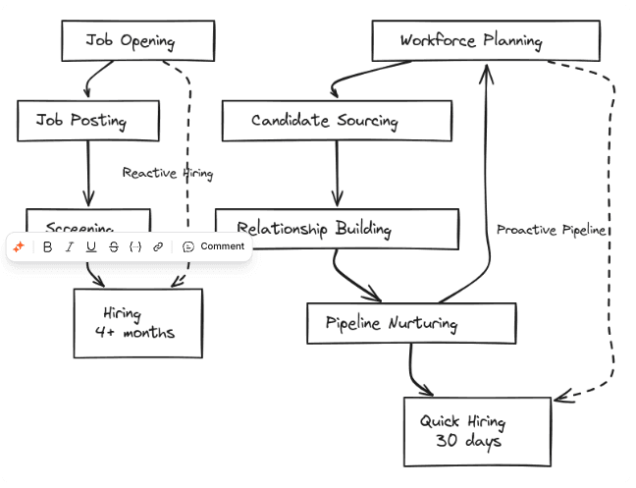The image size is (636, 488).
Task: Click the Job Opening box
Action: (137, 40)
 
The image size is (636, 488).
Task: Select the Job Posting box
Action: (87, 121)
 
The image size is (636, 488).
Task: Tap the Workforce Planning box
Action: (485, 40)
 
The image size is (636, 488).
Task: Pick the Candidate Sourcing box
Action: (336, 121)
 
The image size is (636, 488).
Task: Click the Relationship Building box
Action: (337, 229)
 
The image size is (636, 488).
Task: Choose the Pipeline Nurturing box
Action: (410, 323)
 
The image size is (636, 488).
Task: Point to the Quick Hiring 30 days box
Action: (477, 431)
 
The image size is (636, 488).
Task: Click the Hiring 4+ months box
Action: (138, 323)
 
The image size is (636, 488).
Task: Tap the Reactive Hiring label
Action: (167, 173)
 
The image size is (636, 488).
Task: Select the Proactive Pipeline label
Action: (551, 230)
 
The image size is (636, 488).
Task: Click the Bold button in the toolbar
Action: (47, 246)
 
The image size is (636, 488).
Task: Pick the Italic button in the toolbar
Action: (69, 246)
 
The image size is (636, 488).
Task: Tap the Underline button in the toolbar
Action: (91, 246)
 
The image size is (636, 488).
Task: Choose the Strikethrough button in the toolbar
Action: (114, 246)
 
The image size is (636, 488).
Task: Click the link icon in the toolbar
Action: (158, 246)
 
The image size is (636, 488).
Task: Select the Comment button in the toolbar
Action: (214, 246)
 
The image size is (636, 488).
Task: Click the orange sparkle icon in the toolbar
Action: (19, 246)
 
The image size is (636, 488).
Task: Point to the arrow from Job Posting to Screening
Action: (88, 174)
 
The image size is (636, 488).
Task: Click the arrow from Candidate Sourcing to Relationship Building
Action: (338, 174)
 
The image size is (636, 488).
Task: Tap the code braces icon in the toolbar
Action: (136, 246)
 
